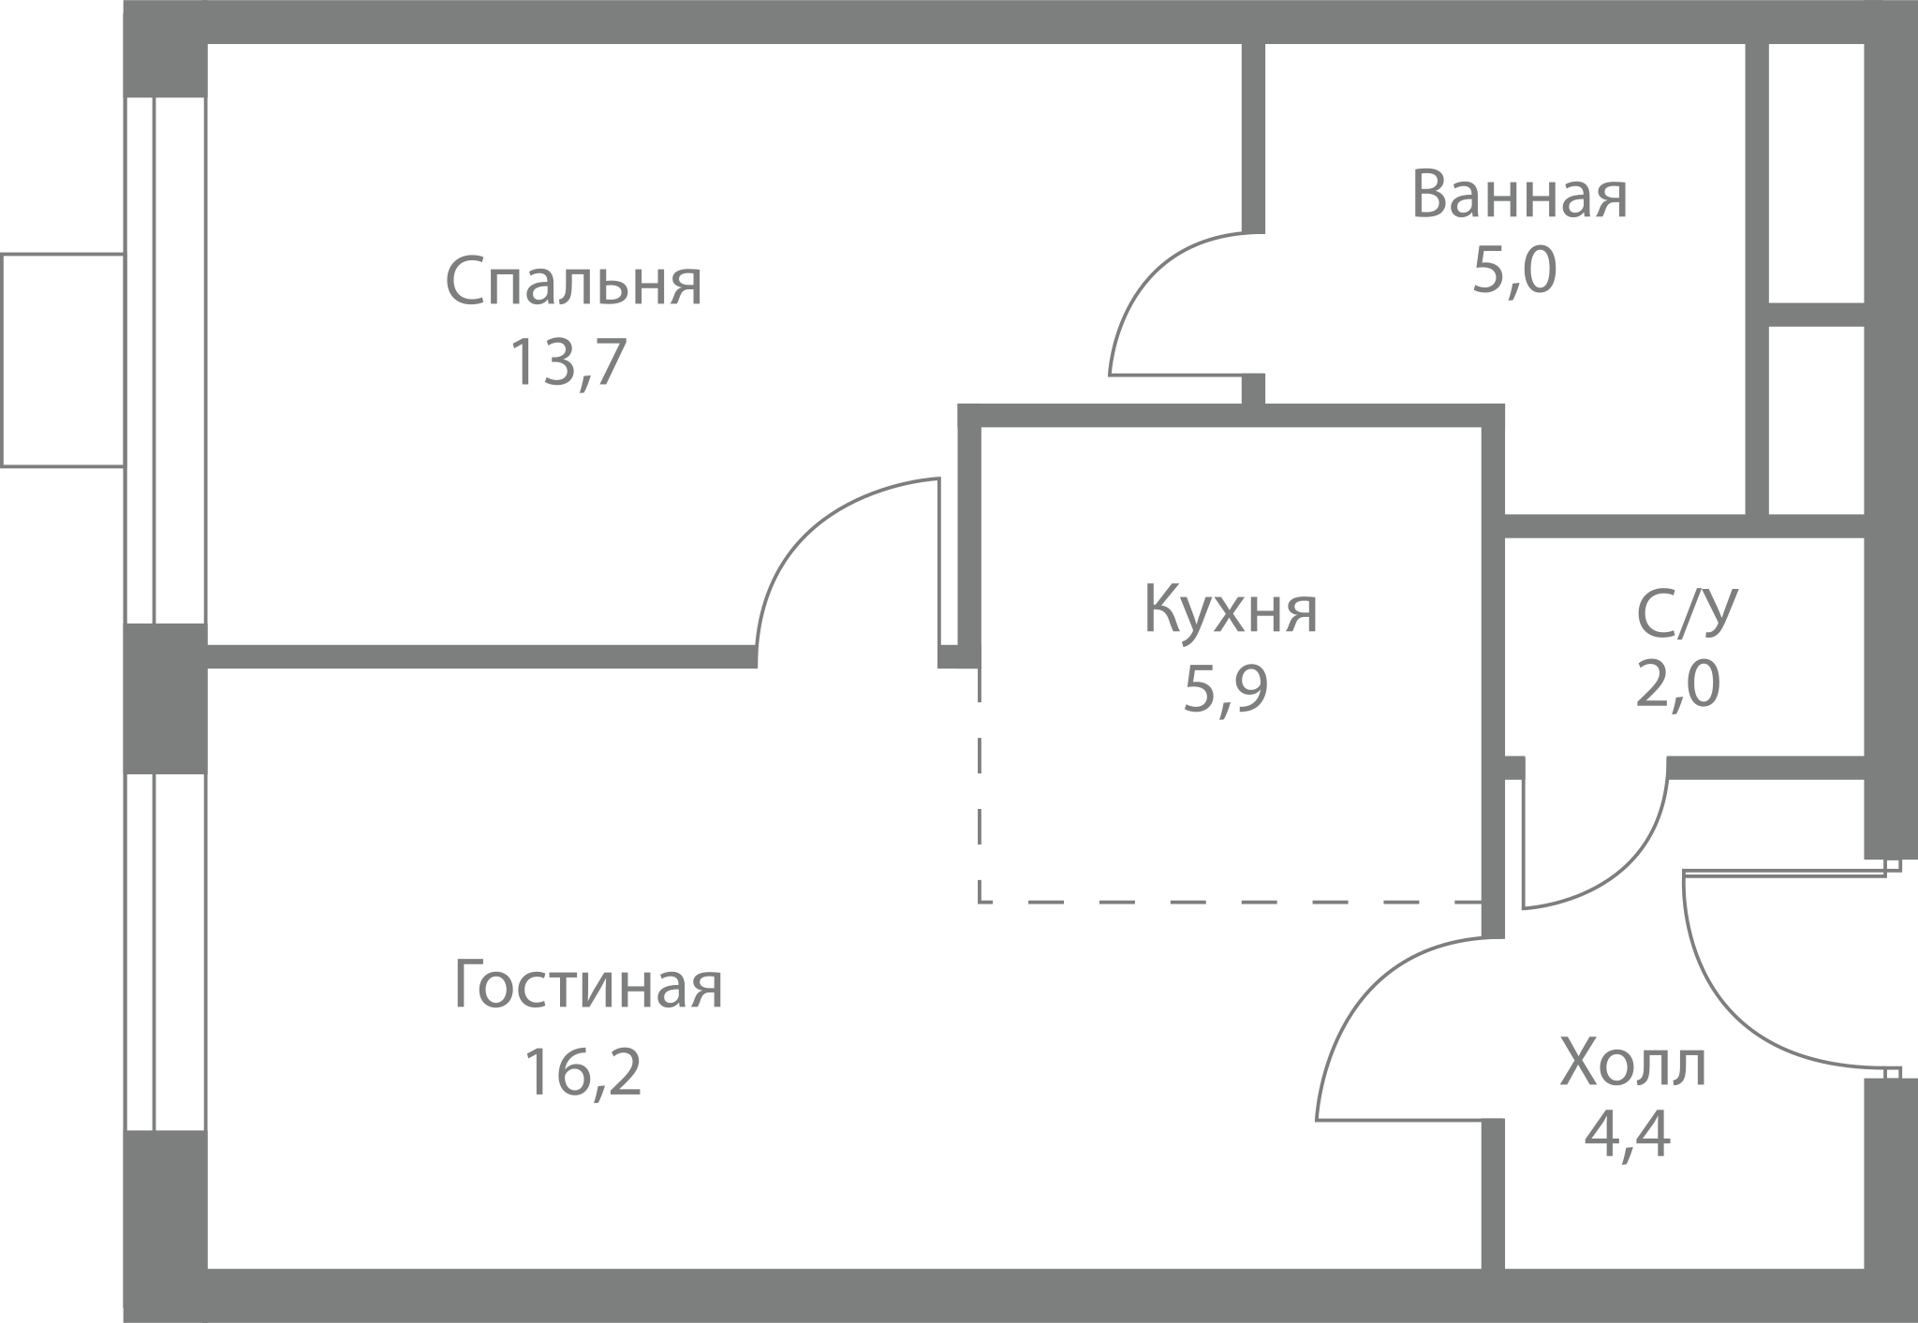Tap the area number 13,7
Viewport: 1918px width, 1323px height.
click(567, 363)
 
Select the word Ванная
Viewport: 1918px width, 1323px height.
click(1519, 195)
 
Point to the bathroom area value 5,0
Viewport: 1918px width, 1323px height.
click(1514, 271)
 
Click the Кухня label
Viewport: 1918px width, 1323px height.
click(1231, 610)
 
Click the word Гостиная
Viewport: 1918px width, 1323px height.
click(588, 985)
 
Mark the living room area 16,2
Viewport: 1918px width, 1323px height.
click(583, 1071)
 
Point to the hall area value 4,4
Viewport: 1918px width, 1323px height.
click(1627, 1135)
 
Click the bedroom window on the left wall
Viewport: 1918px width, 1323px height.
click(166, 360)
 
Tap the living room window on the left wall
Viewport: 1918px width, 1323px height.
click(166, 952)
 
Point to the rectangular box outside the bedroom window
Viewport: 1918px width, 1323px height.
click(63, 360)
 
